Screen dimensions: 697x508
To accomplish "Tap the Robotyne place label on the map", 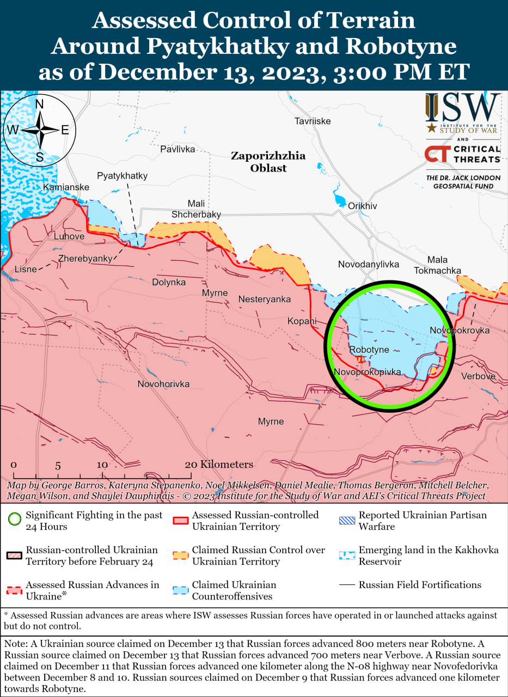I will (x=369, y=350).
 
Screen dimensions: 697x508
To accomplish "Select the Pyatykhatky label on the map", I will (x=122, y=176).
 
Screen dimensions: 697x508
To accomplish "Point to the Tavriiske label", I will (x=313, y=121).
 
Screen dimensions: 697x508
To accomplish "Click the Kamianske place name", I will (x=65, y=187).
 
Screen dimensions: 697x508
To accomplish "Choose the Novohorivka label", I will (x=163, y=384).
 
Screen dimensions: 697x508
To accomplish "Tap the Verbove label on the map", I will (x=478, y=376).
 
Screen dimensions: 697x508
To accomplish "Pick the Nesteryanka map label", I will (x=264, y=299).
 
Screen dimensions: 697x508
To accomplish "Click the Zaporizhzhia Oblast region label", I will (x=268, y=162).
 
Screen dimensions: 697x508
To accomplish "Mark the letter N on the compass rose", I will (x=39, y=104).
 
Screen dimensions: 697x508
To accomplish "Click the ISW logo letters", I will (x=462, y=108).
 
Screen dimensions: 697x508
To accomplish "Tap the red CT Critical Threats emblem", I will (x=437, y=154).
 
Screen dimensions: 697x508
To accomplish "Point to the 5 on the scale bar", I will (x=58, y=466).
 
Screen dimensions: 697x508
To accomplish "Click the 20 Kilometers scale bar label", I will (x=219, y=464).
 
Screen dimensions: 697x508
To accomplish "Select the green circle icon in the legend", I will (x=15, y=516).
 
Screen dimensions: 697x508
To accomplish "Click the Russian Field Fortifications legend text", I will (x=420, y=585).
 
